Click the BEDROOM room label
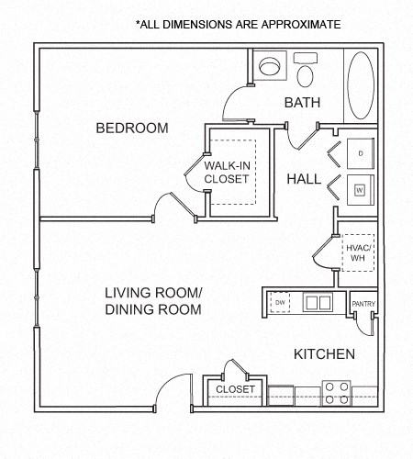132,128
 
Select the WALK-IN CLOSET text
227,172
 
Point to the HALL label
304,179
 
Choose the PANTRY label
363,304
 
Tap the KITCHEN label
324,353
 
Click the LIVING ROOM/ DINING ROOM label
152,301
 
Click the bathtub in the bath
361,84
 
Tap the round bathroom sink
270,67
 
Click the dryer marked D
361,151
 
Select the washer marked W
360,190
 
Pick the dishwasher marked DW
278,301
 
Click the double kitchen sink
318,301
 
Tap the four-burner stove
335,393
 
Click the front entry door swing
174,389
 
